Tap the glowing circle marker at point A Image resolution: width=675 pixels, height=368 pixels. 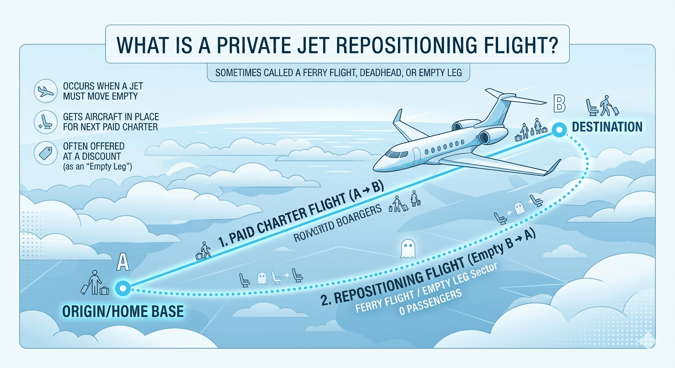[x=122, y=287]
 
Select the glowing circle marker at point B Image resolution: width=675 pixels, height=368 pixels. [x=558, y=129]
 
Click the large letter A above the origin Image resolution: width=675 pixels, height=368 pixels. [x=124, y=263]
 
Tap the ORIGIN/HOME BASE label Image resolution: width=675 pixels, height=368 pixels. [x=123, y=311]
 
